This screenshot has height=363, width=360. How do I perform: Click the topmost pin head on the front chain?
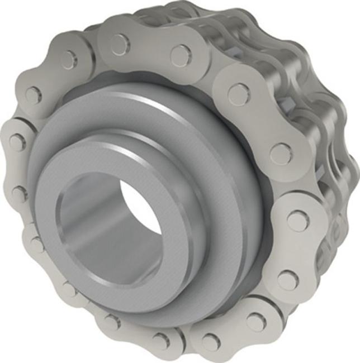pos(120,45)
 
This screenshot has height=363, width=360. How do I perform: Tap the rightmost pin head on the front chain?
pos(298,221)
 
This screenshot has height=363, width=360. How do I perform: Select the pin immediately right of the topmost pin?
pos(181,55)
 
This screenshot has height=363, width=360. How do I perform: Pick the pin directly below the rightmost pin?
pos(288,279)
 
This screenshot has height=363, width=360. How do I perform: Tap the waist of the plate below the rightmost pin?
pos(294,250)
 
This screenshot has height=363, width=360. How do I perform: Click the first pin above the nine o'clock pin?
pos(33,94)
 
